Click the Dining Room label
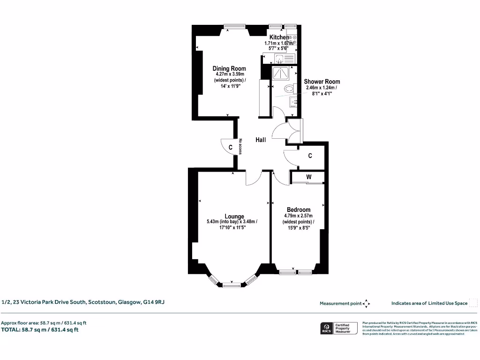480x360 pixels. (229, 68)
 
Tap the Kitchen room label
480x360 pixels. (279, 37)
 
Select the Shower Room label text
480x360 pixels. (322, 82)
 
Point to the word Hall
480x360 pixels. (261, 140)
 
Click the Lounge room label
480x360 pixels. (234, 216)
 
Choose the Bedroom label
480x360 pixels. (299, 210)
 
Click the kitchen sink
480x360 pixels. (280, 59)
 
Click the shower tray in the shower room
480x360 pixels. (281, 73)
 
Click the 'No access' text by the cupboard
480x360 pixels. (240, 146)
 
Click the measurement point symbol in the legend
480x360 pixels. (366, 303)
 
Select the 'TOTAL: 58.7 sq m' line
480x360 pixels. (40, 330)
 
